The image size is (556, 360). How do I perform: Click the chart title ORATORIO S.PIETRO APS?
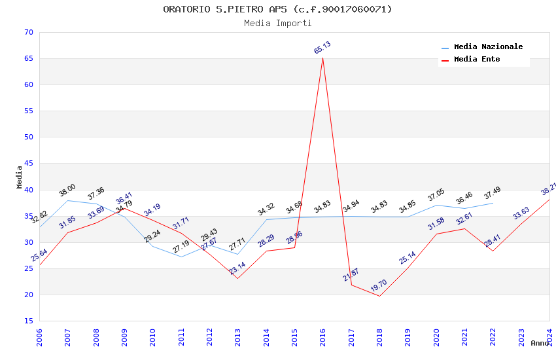(277, 9)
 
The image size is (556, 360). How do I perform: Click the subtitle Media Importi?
(277, 23)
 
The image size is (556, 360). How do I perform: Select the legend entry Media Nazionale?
(488, 47)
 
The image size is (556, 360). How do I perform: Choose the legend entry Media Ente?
(477, 59)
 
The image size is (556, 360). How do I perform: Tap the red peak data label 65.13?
(322, 48)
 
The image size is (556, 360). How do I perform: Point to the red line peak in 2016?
(322, 58)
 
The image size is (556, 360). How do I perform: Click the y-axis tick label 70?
(27, 32)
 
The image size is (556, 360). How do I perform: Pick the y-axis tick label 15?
(27, 321)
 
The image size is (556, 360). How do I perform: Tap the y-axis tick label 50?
(27, 137)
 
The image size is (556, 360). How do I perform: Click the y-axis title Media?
(20, 177)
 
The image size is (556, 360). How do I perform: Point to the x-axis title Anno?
(540, 343)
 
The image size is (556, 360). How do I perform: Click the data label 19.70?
(379, 286)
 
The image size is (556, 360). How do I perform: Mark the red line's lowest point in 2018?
(379, 296)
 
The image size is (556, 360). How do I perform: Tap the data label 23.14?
(237, 268)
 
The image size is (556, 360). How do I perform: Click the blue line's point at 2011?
(181, 257)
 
